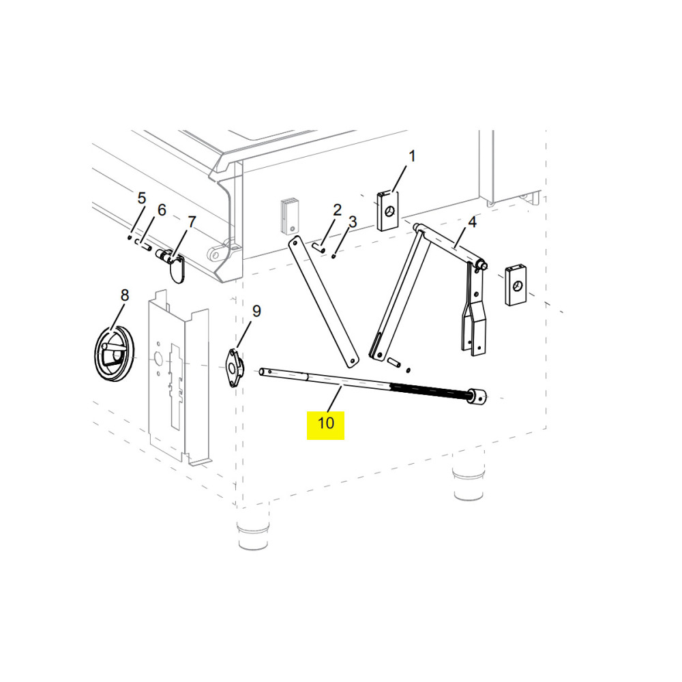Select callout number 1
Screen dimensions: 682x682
[412, 156]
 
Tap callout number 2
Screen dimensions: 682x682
[337, 210]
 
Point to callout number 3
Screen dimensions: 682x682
[353, 222]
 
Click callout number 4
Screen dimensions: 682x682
[472, 222]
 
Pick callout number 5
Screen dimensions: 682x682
[141, 198]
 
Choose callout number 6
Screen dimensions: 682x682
[162, 210]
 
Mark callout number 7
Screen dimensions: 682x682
[192, 222]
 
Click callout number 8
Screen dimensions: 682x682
[125, 295]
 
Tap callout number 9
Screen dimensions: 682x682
[256, 311]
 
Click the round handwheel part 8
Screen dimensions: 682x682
[114, 353]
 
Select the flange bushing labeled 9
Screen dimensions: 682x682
[235, 368]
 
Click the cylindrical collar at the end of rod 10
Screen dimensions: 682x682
[477, 396]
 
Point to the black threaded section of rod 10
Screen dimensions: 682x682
[430, 391]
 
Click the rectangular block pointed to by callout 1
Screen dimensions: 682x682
[387, 211]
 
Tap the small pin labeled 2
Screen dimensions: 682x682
[318, 248]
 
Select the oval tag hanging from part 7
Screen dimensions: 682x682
[176, 269]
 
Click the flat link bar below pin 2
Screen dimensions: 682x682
[324, 301]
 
